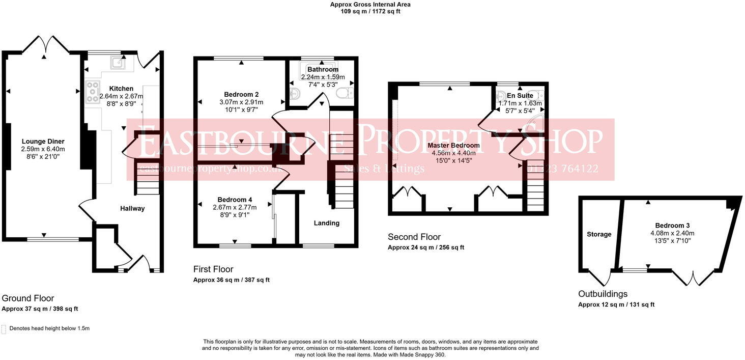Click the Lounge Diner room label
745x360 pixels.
pos(43,141)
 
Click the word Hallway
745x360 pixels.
pos(132,208)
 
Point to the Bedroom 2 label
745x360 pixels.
pos(242,94)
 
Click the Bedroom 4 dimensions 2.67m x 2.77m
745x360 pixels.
pos(235,207)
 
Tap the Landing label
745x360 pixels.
pos(326,223)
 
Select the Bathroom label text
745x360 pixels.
pos(323,69)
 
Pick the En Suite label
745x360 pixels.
pos(520,95)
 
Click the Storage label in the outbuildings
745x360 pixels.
pos(599,234)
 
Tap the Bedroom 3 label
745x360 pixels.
pos(673,226)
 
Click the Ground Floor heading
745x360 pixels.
pos(28,298)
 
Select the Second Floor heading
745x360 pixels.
pos(414,237)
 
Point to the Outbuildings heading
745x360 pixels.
pos(603,294)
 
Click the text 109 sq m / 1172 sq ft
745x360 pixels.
pos(370,11)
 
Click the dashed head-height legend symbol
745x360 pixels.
pos(4,329)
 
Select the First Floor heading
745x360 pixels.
pos(213,269)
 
